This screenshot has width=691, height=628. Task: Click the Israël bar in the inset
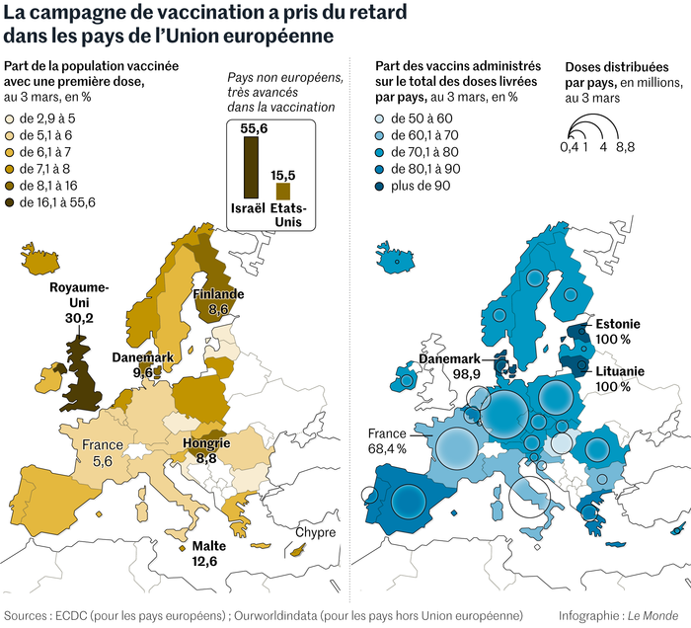pyautogui.click(x=251, y=168)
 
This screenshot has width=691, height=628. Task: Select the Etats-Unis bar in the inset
pyautogui.click(x=283, y=191)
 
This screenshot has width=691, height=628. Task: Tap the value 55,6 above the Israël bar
pyautogui.click(x=251, y=127)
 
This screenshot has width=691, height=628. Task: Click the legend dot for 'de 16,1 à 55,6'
pyautogui.click(x=10, y=202)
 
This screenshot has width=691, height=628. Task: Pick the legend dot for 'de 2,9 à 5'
pyautogui.click(x=10, y=118)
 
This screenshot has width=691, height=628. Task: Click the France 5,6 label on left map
pyautogui.click(x=104, y=452)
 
